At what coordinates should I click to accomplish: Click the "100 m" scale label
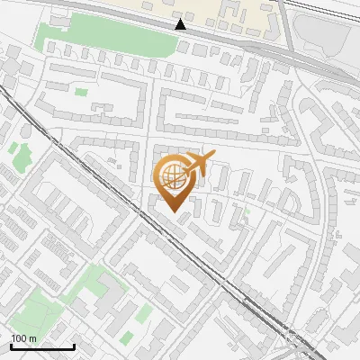[23, 338]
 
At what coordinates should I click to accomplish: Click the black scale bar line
[41, 346]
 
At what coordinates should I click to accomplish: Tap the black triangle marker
[181, 24]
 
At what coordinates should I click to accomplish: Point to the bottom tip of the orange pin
[173, 211]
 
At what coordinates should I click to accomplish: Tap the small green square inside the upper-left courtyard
[82, 92]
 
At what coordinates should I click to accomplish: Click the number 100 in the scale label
[19, 338]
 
